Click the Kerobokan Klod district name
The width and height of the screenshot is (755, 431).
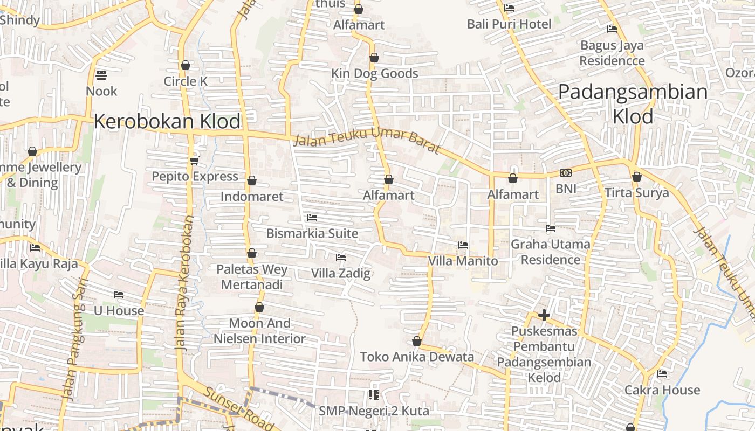click(x=167, y=121)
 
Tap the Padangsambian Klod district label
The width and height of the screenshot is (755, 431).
click(x=633, y=103)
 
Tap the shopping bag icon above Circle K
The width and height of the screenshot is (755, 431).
click(x=186, y=65)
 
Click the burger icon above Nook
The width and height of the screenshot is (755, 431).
click(x=101, y=75)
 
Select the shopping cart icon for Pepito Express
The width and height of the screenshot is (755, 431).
click(x=194, y=161)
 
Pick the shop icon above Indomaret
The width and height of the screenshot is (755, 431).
click(x=251, y=180)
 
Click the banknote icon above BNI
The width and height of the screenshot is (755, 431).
click(x=565, y=173)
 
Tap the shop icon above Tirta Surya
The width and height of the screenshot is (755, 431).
click(x=636, y=177)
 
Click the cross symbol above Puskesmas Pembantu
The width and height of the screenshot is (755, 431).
click(x=544, y=315)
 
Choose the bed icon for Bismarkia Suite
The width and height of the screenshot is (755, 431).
click(x=312, y=218)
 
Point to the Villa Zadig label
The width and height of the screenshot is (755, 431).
click(x=341, y=273)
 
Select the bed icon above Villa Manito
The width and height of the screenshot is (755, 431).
click(x=463, y=245)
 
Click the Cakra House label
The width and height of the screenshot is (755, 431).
click(x=662, y=390)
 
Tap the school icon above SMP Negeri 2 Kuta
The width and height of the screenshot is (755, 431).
click(x=373, y=395)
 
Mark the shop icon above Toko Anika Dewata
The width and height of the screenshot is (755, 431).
click(x=416, y=341)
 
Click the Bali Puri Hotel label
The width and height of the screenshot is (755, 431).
click(x=509, y=24)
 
